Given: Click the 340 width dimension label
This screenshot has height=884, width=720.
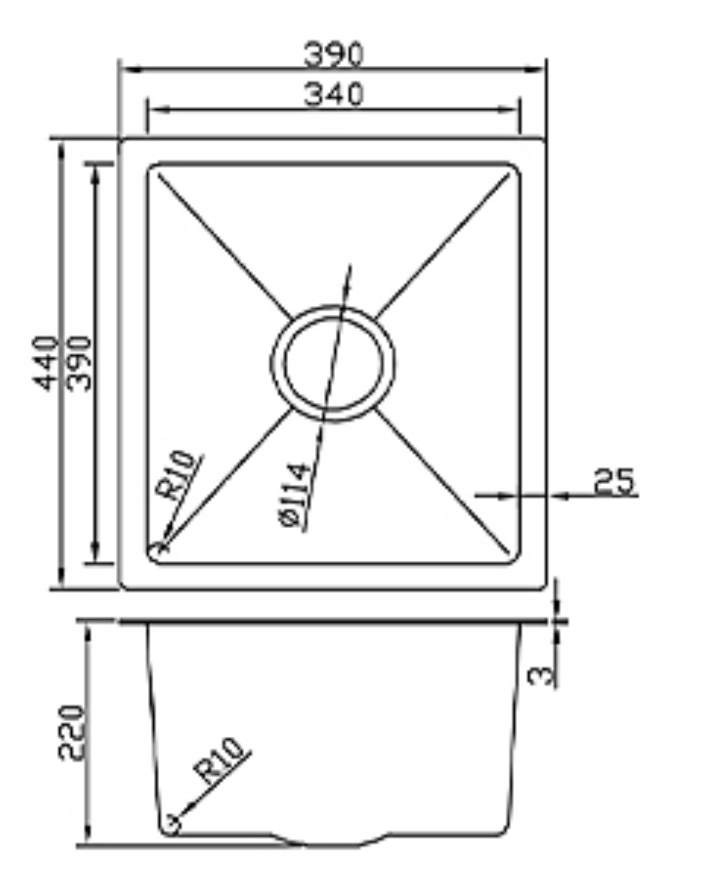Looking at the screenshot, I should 333,94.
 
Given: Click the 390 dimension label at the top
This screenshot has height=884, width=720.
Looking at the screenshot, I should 333,54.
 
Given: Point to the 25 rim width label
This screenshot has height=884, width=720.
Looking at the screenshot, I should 615,481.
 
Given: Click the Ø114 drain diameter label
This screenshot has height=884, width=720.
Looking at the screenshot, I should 294,495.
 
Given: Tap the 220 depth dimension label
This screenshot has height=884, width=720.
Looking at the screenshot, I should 72,733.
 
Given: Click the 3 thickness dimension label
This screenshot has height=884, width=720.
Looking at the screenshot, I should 541,675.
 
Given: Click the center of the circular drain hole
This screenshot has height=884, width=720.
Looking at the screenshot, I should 332,363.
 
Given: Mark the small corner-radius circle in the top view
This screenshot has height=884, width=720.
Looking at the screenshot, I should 159,547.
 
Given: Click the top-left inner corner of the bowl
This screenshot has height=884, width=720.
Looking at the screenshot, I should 153,168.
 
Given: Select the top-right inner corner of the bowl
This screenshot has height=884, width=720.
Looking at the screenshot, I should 514,168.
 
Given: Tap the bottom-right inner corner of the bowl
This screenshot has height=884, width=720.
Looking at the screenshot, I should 514,558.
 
